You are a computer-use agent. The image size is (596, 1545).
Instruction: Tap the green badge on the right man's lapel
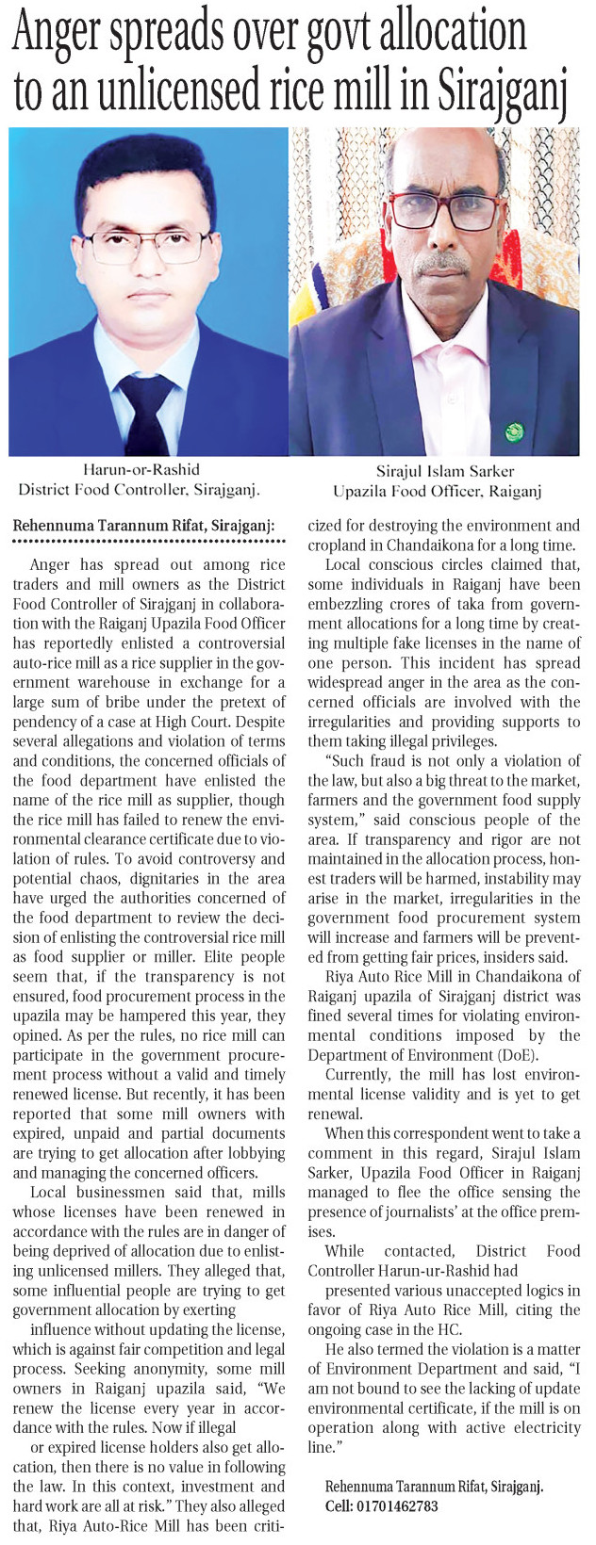point(514,432)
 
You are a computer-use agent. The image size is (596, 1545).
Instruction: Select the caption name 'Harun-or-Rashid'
point(139,469)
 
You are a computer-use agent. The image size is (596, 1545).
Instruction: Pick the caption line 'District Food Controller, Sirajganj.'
point(139,489)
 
